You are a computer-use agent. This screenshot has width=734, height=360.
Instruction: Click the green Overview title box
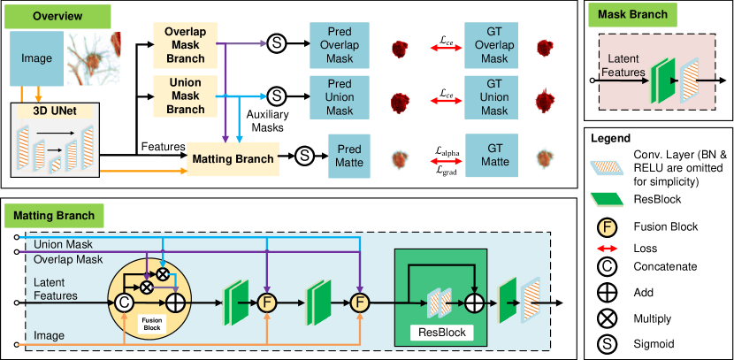59,16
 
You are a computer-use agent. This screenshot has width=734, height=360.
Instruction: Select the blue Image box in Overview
35,59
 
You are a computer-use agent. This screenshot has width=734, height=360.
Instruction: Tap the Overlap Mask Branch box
185,43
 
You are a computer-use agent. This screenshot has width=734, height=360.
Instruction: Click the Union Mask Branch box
185,96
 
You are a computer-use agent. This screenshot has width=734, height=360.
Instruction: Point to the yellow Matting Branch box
233,158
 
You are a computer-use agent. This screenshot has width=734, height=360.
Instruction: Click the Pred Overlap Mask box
340,44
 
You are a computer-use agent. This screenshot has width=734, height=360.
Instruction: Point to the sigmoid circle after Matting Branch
304,156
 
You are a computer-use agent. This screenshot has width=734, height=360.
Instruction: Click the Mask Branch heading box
632,15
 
